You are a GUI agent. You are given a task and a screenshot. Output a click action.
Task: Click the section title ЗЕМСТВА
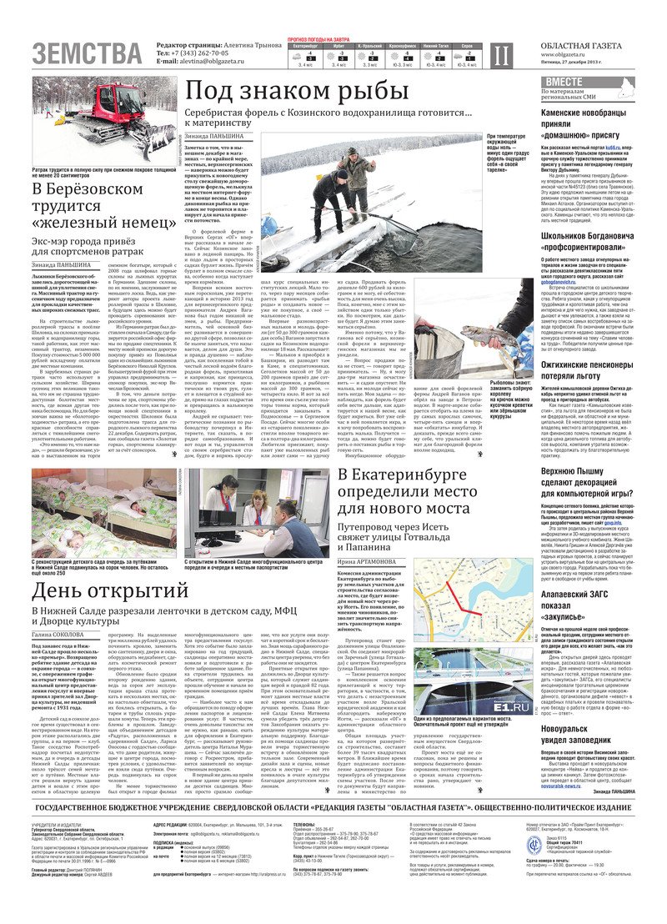[x=87, y=53]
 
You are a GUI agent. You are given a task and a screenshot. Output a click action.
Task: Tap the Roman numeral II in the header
[x=499, y=56]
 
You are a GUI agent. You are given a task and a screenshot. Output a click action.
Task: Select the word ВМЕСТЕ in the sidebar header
[x=564, y=82]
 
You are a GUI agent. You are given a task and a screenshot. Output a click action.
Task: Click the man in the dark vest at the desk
[x=291, y=539]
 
